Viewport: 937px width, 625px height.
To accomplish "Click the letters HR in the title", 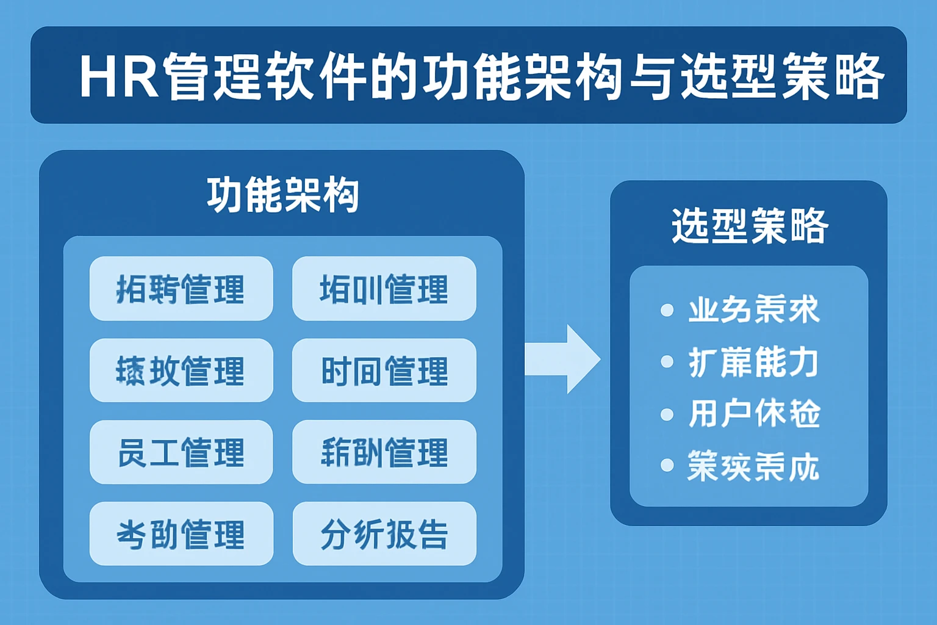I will pyautogui.click(x=120, y=77).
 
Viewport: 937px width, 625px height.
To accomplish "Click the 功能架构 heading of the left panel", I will pyautogui.click(x=282, y=195).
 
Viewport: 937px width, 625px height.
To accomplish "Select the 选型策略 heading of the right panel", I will pyautogui.click(x=749, y=226).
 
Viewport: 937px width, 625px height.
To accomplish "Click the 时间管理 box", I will pyautogui.click(x=384, y=370).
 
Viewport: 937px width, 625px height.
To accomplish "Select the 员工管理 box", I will pyautogui.click(x=181, y=452).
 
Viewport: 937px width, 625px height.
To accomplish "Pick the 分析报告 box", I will pyautogui.click(x=384, y=534).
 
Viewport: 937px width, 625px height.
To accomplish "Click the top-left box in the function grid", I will pyautogui.click(x=181, y=289).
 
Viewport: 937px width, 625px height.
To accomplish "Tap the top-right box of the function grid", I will pyautogui.click(x=384, y=289).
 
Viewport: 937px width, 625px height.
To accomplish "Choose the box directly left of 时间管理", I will pyautogui.click(x=181, y=370).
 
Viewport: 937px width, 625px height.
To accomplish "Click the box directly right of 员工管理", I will pyautogui.click(x=384, y=452).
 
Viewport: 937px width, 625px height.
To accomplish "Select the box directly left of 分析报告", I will pyautogui.click(x=181, y=534).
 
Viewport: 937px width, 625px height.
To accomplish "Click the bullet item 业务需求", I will pyautogui.click(x=754, y=310).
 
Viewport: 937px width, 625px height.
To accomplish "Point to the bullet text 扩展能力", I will pyautogui.click(x=754, y=362).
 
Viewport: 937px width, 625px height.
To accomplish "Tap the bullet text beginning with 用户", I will pyautogui.click(x=754, y=414).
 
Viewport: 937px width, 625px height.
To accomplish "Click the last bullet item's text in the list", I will pyautogui.click(x=754, y=466).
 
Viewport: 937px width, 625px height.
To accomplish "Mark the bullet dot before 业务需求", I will pyautogui.click(x=667, y=310).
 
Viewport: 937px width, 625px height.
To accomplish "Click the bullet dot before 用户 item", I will pyautogui.click(x=667, y=414).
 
